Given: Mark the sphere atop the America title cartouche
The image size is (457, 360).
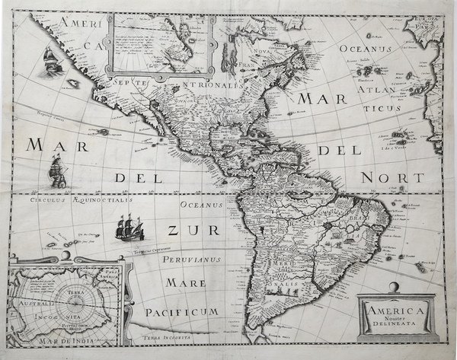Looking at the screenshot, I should pos(394,286).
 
